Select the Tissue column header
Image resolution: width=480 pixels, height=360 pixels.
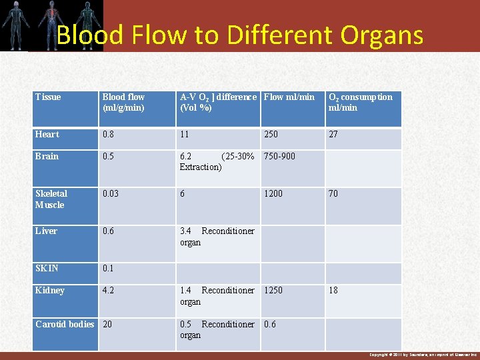click(x=48, y=97)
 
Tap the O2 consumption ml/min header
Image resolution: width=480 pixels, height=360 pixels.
click(x=360, y=102)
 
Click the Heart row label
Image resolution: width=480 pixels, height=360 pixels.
click(x=47, y=135)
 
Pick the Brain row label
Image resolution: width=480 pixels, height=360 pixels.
click(x=47, y=157)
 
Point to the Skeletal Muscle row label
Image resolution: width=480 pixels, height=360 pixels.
click(x=51, y=199)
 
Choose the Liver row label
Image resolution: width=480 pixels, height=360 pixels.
click(x=47, y=231)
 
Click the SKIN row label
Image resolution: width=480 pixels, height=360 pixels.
click(x=47, y=269)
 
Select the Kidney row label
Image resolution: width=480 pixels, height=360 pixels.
click(x=50, y=291)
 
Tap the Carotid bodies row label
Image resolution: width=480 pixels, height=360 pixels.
click(x=65, y=325)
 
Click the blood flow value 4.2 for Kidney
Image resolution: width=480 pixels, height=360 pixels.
click(x=109, y=291)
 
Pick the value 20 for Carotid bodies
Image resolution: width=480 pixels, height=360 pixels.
click(x=108, y=325)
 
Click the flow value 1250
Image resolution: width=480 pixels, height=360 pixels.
click(x=273, y=291)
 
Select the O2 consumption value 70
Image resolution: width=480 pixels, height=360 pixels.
click(x=333, y=194)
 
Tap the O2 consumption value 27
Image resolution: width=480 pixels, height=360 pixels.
click(x=333, y=135)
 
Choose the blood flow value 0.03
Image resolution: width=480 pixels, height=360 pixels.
click(x=111, y=194)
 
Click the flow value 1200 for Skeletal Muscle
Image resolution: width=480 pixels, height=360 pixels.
click(x=273, y=194)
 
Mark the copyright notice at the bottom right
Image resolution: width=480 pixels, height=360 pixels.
click(x=423, y=355)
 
